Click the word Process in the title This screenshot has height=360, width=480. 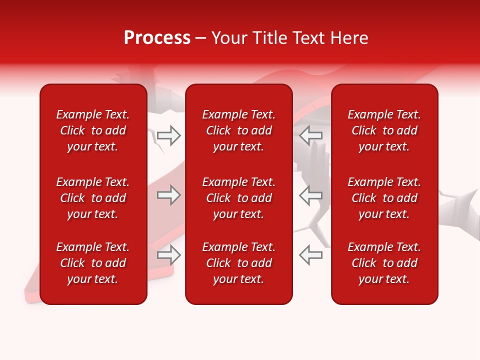click(x=157, y=38)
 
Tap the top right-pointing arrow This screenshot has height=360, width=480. click(x=168, y=135)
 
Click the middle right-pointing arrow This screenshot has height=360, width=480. click(x=168, y=195)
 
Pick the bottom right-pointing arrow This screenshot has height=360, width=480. click(x=168, y=255)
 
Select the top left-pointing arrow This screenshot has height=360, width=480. click(x=311, y=135)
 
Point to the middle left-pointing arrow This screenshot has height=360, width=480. click(x=311, y=195)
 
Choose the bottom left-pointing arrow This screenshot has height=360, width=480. click(x=311, y=255)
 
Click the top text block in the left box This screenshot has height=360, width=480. click(x=93, y=130)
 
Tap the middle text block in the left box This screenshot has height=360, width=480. click(x=93, y=198)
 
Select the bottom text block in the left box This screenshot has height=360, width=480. click(x=93, y=263)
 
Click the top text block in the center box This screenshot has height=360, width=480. click(x=239, y=130)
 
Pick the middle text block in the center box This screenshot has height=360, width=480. click(x=239, y=198)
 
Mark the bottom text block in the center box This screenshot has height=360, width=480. click(x=239, y=263)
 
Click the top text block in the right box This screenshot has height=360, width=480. click(x=384, y=130)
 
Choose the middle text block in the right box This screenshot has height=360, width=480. click(x=384, y=198)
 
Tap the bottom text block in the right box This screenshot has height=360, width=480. click(x=384, y=263)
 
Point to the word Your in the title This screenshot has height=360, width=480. click(x=228, y=38)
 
